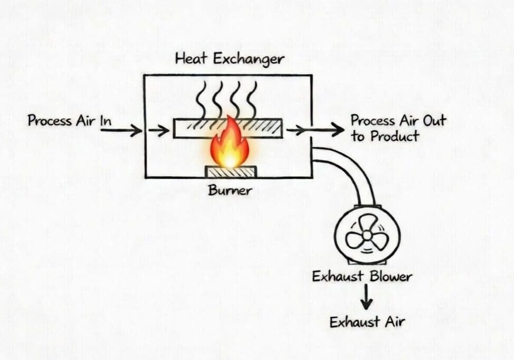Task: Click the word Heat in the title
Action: pos(191,58)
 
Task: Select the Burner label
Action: pos(230,190)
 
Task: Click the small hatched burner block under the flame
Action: pos(231,172)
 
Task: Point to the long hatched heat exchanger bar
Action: pos(228,128)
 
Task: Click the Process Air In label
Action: pos(70,121)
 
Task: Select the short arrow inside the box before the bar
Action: pos(159,130)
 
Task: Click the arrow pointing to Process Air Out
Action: pos(316,130)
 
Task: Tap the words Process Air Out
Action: pos(398,120)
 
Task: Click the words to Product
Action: pos(385,136)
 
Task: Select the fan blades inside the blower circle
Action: pos(367,232)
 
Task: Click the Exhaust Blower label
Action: pos(362,276)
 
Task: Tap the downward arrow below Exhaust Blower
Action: pos(366,299)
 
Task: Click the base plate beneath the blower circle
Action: pos(367,261)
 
